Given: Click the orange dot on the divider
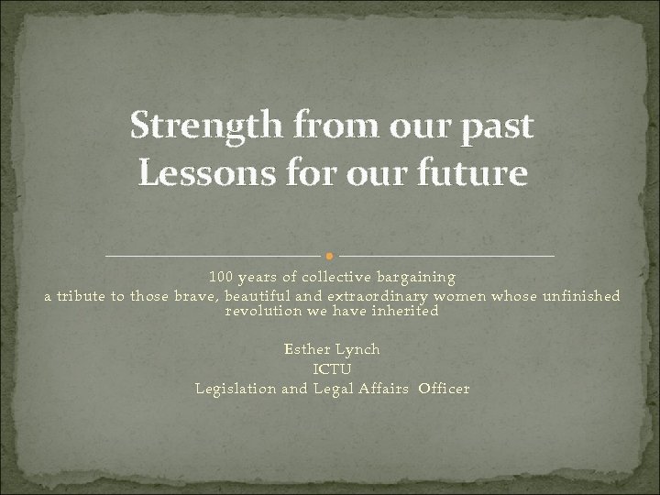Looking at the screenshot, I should tap(330, 254).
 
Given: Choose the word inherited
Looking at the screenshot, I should tap(405, 311).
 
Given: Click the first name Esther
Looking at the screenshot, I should tap(307, 349).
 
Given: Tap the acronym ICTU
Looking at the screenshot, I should tap(332, 368).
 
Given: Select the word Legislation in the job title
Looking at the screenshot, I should tap(236, 389).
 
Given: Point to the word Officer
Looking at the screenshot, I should tap(444, 389).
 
